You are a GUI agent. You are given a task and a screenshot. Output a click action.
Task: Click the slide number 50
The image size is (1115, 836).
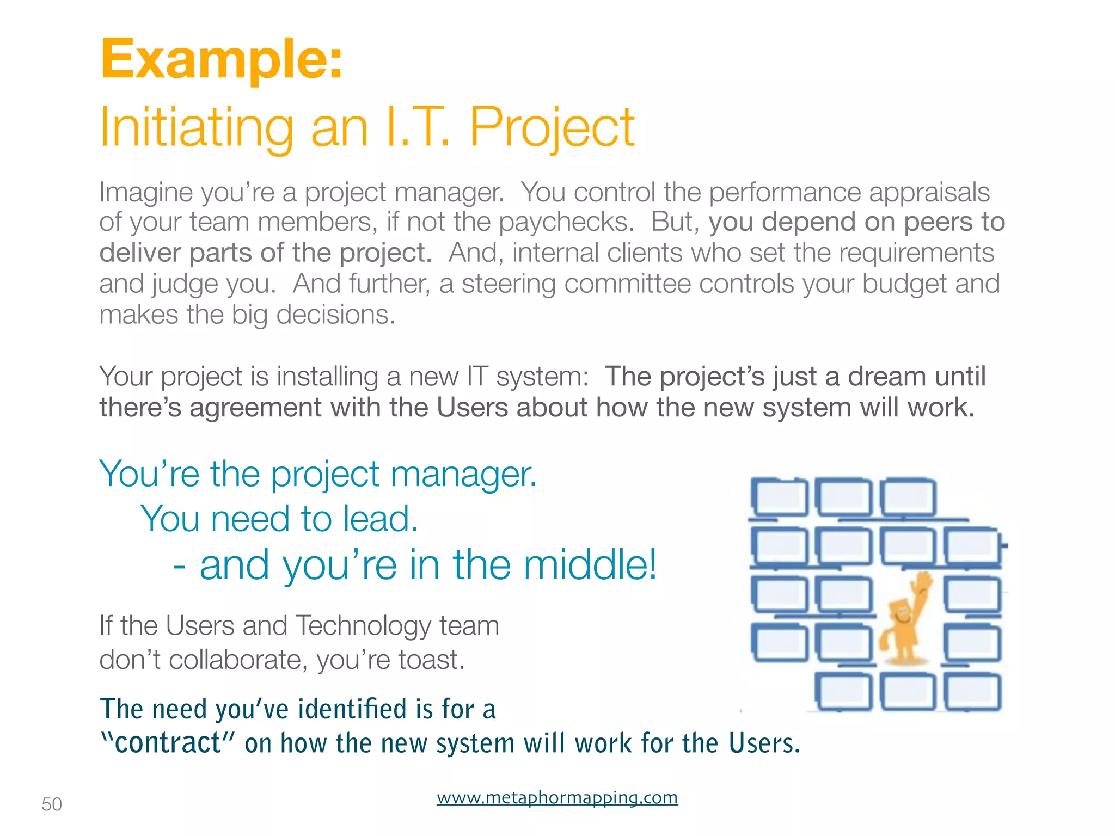tap(52, 804)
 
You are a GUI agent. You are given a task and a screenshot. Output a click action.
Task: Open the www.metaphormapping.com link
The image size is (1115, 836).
tap(557, 797)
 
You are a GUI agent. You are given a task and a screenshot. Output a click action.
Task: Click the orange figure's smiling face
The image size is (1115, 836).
tap(901, 615)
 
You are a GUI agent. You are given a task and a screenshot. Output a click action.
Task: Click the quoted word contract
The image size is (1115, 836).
tap(168, 743)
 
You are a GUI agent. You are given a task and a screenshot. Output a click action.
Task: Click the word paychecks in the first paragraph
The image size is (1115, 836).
tap(566, 222)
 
